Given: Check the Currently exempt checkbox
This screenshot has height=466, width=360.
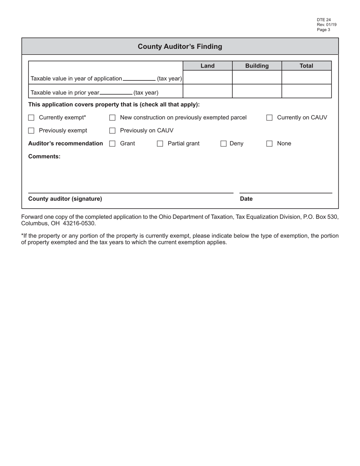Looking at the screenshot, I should pos(31,118).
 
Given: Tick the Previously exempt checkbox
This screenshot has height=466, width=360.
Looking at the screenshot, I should pos(31,131).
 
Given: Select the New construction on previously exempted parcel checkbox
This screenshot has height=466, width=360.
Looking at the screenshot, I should pos(112,118).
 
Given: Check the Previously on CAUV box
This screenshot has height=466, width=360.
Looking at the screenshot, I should pos(112,131).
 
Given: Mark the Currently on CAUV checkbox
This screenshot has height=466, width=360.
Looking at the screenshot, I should pos(269,118).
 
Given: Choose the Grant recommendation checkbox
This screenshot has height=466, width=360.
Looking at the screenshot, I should pos(112,144).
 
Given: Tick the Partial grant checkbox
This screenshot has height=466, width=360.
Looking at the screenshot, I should pos(160,144).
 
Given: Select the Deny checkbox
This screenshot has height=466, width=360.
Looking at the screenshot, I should pos(224,144).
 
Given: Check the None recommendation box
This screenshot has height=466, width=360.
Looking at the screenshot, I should pos(269,144).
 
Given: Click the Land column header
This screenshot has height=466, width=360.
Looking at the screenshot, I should pos(207,66).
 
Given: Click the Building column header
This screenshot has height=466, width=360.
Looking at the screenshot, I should pos(257,66).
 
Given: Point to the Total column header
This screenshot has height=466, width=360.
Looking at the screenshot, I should pos(306,66).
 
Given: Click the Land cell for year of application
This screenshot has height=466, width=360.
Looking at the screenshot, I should pos(207,77).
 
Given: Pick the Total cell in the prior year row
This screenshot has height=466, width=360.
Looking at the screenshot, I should pos(306,91).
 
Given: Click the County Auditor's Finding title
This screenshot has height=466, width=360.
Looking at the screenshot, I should pos(180,47).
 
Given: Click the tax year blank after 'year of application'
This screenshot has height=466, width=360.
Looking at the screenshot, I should pos(139,78).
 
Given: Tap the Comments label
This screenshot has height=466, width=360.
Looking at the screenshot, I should pos(44,156).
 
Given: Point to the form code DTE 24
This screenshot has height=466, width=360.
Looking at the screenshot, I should pos(324,20).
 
